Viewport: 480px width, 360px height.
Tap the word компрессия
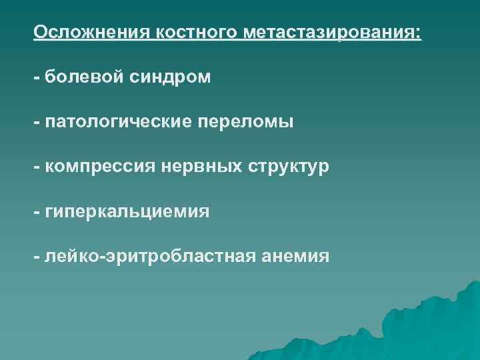100,167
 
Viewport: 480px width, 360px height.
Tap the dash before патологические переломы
37,123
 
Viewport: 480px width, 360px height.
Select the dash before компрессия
37,168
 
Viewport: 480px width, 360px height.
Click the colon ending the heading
419,33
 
